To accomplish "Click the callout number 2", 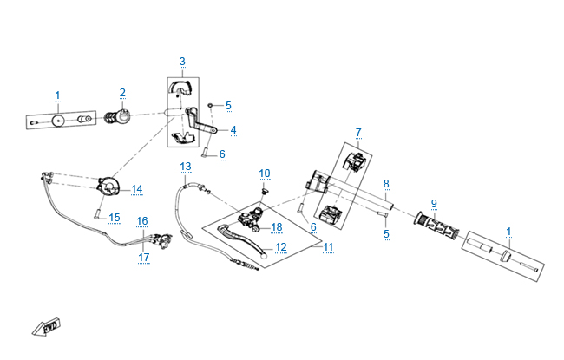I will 122,93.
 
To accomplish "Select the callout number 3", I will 182,61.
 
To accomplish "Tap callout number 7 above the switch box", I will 357,132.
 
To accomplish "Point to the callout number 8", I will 386,184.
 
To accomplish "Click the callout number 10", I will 265,173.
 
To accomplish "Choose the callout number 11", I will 328,247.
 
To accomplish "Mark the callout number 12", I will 280,247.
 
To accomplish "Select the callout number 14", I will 137,189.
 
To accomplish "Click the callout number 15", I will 114,217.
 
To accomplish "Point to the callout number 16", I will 142,221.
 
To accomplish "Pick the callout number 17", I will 144,257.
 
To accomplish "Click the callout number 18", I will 277,227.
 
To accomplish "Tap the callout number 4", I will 233,130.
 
